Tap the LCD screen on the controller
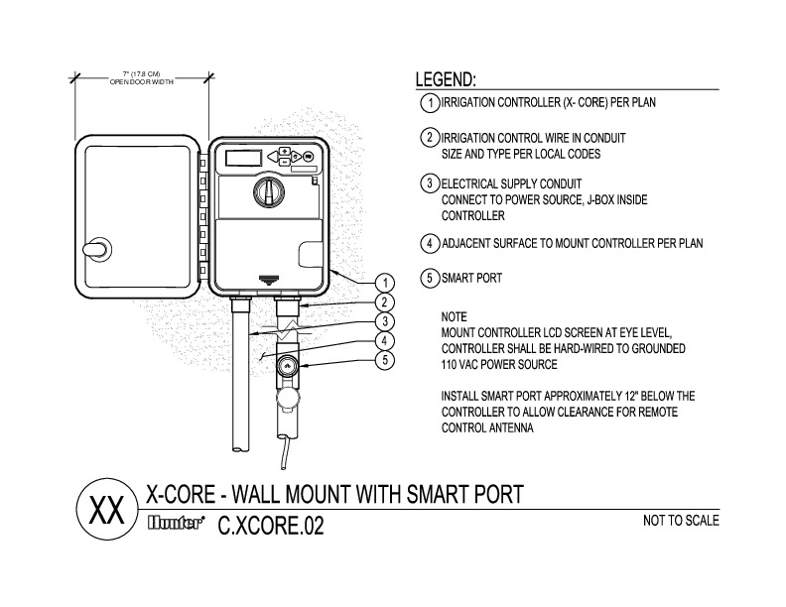242,157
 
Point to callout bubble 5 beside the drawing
387,360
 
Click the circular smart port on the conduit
287,365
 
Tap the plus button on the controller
284,152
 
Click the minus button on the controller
284,161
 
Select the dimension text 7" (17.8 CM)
142,73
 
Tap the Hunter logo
178,524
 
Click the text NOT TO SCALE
681,520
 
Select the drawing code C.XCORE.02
271,525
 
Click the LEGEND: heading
446,79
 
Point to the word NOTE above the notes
454,314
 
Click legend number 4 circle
430,243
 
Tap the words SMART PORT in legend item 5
471,279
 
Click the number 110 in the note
451,364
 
